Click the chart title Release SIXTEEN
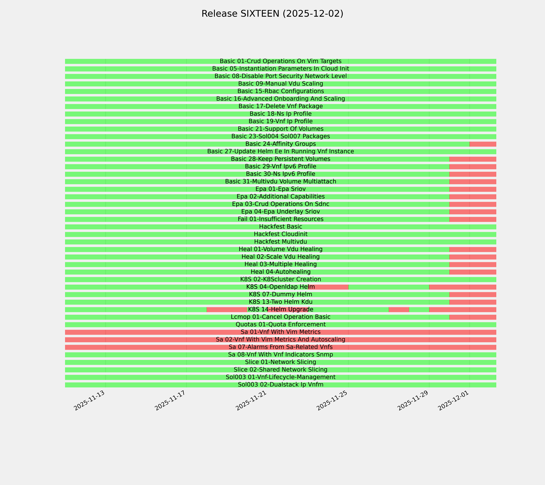272,14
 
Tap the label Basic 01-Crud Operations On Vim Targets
280,61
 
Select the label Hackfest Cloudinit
280,234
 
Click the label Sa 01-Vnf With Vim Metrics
280,332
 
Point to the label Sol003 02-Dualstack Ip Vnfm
280,385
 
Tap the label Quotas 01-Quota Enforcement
280,325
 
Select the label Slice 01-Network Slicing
280,362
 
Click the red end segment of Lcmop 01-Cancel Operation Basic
472,317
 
